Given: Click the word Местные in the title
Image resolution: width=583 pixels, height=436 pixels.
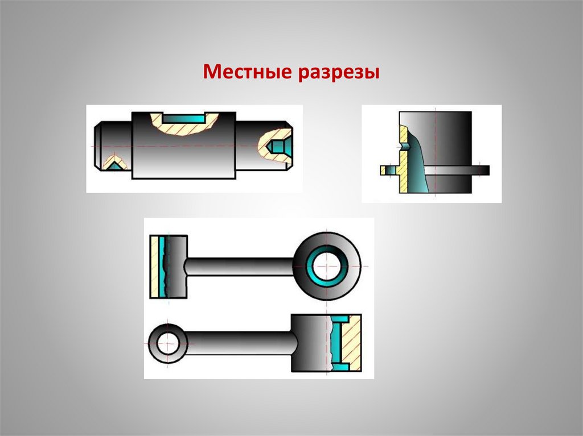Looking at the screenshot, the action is click(x=246, y=73).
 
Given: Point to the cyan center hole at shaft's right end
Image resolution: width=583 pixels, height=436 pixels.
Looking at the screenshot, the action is click(x=277, y=147).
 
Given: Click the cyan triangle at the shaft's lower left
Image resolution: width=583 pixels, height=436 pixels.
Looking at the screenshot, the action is click(x=115, y=166).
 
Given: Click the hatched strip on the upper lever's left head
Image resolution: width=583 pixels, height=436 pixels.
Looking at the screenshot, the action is click(x=154, y=267).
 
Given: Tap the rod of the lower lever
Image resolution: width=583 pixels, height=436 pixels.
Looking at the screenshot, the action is click(x=239, y=343).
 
